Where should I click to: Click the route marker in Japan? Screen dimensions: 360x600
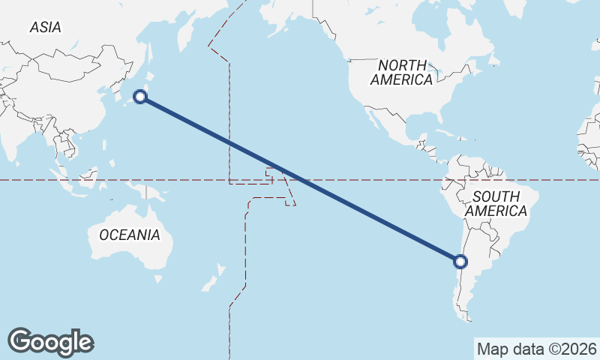(x=139, y=96)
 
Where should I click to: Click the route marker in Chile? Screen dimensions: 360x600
(x=460, y=262)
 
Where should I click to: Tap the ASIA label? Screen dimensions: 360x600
(x=45, y=27)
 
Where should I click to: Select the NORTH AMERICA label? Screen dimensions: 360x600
(x=401, y=72)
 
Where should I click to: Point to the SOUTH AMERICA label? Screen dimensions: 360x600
(x=496, y=204)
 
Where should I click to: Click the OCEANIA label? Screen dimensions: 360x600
(x=130, y=235)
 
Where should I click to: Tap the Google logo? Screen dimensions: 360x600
(x=50, y=342)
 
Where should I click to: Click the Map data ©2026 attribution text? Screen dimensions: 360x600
(x=536, y=349)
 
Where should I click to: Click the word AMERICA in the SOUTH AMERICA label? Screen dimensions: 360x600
(x=496, y=211)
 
